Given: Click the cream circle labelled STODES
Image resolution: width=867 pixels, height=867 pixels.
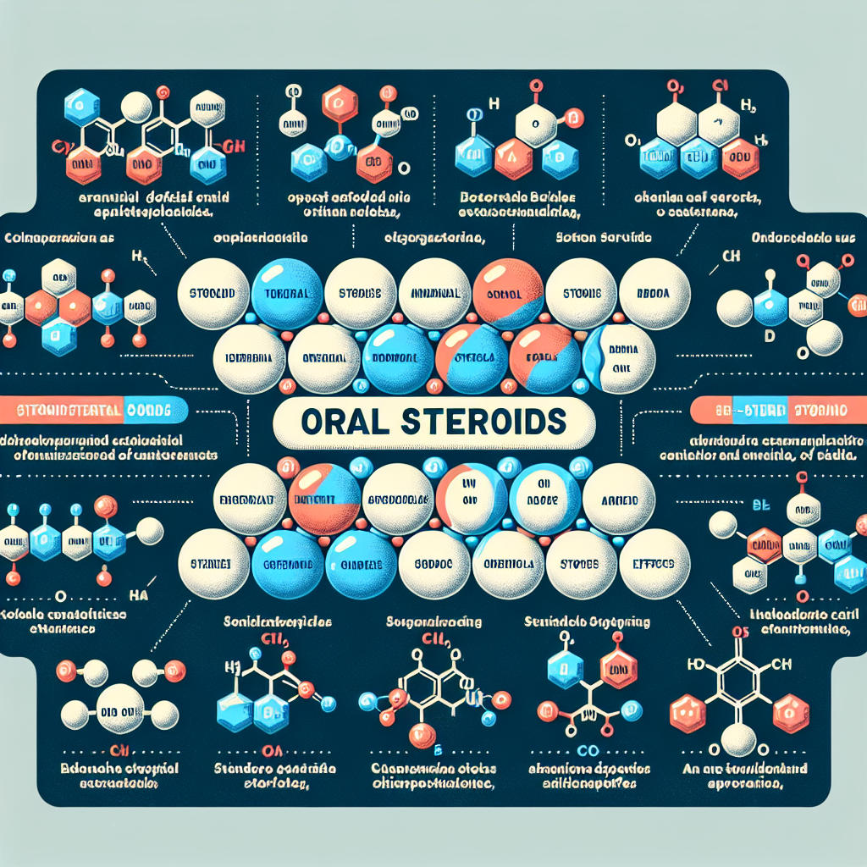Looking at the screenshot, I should (580, 563).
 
